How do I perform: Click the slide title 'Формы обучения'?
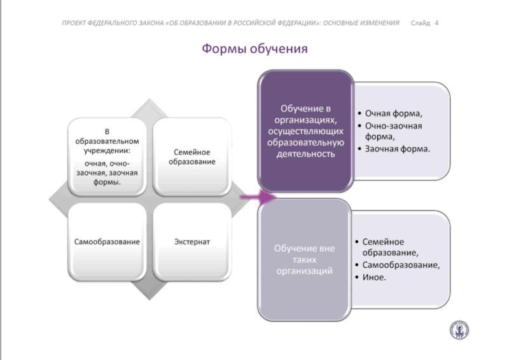(255, 49)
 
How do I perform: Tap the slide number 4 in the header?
(436, 23)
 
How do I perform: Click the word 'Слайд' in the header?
(421, 23)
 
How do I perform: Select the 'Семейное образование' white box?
(192, 157)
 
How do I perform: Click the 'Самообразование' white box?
(107, 242)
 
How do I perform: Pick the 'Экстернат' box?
(192, 242)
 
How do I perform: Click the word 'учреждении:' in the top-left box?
(107, 151)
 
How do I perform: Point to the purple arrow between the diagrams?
(258, 197)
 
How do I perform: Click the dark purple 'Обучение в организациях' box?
(305, 131)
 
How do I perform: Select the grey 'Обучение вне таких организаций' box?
(305, 260)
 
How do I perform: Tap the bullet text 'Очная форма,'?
(393, 113)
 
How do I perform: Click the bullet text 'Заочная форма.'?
(397, 149)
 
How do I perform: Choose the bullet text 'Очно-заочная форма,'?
(393, 131)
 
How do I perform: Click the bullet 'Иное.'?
(374, 277)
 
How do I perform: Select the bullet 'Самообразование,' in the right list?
(401, 265)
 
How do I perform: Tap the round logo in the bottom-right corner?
(459, 330)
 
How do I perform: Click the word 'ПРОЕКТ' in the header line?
(74, 23)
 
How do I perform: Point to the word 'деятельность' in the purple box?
(305, 153)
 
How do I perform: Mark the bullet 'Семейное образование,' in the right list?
(390, 247)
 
